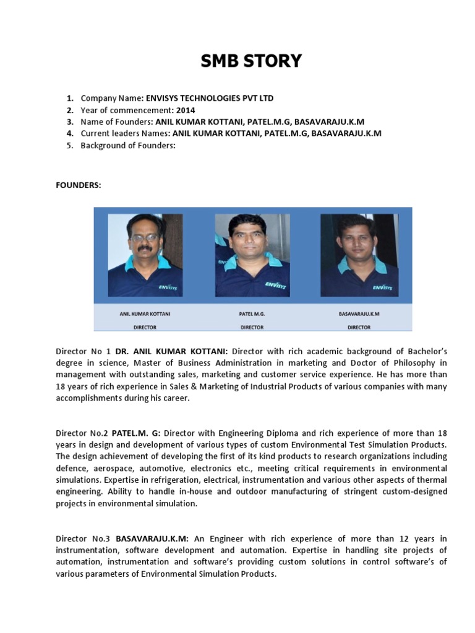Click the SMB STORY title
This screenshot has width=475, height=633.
point(251,61)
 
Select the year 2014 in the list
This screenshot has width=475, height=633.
point(186,110)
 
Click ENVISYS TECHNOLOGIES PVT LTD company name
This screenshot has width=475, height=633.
point(209,98)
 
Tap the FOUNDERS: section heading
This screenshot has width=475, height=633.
point(79,185)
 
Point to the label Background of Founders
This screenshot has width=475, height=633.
point(128,145)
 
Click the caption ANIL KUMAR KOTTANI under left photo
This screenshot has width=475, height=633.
point(145,314)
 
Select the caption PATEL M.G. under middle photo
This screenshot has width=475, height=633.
point(252,314)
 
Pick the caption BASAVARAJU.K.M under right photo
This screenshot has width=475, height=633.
point(359,314)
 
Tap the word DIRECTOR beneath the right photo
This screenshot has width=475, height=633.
point(359,327)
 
